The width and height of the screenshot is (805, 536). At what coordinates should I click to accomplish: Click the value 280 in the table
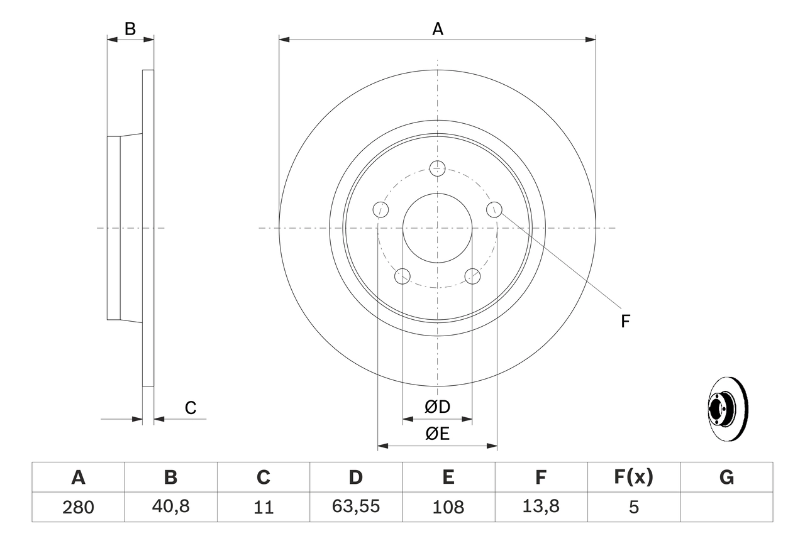(78, 507)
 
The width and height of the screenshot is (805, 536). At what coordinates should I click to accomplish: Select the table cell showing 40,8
(170, 507)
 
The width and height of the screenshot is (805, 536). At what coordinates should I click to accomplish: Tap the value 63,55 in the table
(355, 507)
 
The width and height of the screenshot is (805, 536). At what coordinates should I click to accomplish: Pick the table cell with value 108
(448, 507)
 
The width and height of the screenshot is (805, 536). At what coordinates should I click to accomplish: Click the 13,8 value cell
(540, 507)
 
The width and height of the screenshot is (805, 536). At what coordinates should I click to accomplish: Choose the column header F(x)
(633, 478)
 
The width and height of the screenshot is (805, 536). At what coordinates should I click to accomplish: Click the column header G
(726, 478)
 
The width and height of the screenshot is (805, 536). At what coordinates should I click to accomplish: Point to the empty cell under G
(726, 507)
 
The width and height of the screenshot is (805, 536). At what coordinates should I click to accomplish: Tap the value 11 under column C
(263, 507)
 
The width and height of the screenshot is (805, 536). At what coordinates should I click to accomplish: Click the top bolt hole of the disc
(437, 168)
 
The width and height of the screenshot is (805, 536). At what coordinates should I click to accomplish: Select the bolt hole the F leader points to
(495, 209)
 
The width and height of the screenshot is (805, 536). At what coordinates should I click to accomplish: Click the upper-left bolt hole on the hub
(380, 209)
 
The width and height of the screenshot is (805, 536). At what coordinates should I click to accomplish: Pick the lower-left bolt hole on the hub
(402, 276)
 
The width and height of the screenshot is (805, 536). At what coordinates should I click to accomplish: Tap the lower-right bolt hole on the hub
(472, 276)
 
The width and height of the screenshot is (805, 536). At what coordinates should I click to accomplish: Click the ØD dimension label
(437, 407)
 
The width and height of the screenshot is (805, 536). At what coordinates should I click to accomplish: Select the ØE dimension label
(437, 434)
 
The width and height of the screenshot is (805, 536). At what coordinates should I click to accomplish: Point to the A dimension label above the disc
(437, 28)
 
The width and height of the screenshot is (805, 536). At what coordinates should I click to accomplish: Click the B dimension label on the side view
(130, 28)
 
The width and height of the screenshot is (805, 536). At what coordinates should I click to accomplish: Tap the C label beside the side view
(191, 408)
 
